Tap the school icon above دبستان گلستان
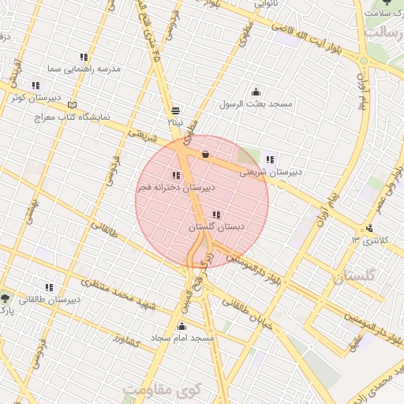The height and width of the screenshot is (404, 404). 216,214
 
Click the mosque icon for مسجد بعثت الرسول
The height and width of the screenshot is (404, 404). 255,92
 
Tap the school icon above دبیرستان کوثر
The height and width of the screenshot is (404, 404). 36,85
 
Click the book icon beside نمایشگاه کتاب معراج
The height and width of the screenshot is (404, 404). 73,104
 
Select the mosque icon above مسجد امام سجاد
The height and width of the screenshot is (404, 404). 182,326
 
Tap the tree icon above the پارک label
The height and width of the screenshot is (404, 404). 6,298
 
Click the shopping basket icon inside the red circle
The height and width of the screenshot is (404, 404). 205,155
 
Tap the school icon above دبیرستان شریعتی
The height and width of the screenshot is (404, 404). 271,159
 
